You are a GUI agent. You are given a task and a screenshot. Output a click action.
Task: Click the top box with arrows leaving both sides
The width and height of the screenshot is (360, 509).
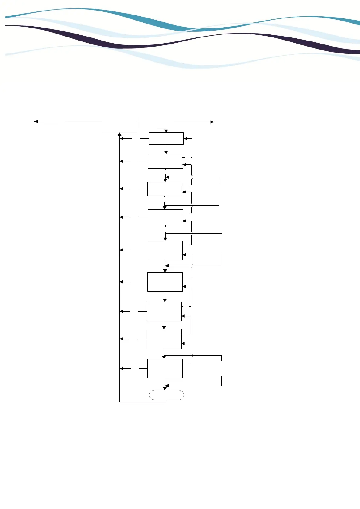coord(119,124)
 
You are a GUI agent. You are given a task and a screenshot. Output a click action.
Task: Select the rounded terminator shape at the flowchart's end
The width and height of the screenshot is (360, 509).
coord(167,395)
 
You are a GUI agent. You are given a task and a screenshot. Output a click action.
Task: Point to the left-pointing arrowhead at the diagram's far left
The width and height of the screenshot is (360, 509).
coord(36,122)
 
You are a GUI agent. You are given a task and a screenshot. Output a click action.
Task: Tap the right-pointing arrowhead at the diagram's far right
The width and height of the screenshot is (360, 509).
coord(212,122)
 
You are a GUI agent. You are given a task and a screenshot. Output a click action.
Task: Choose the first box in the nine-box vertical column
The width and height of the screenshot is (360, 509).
coord(166,138)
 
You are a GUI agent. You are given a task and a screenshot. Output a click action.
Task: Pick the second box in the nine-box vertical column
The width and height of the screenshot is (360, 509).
coord(165,161)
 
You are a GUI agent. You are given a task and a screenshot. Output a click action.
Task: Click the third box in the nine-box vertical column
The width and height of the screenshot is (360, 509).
coord(165,189)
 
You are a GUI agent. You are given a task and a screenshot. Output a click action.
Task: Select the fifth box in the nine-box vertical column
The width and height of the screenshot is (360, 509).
coord(165,250)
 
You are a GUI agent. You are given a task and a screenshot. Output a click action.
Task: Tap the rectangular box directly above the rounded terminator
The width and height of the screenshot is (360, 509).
coord(165,369)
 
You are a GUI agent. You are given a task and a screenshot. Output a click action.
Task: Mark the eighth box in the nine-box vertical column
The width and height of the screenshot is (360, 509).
coord(164,339)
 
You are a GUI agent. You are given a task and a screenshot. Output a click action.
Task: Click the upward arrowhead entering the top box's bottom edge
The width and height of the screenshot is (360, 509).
coord(120,134)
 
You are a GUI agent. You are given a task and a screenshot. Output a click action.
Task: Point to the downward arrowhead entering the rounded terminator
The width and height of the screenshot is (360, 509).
coord(165,389)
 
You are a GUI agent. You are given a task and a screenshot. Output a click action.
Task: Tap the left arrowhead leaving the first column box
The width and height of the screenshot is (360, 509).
coord(122,139)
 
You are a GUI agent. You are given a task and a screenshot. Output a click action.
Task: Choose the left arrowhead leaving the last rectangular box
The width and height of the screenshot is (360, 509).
coord(122,369)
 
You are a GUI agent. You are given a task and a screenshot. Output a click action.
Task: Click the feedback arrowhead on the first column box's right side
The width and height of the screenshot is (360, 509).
coord(186,139)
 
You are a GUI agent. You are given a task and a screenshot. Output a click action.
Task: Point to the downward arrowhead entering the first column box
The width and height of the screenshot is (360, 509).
coord(166,131)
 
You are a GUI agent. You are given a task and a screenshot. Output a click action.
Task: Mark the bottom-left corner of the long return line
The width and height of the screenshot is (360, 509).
coord(120,402)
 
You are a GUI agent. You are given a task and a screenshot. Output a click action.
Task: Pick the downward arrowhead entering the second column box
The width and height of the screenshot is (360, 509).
coord(166,152)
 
